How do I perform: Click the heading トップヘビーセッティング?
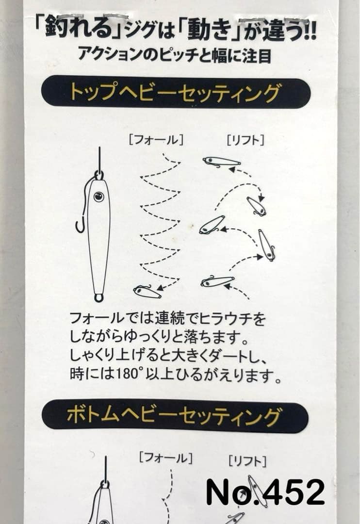(x=175, y=92)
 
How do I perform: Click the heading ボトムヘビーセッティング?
(x=175, y=416)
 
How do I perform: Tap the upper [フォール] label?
(x=155, y=141)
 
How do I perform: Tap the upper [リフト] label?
(x=245, y=141)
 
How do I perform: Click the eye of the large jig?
(x=98, y=196)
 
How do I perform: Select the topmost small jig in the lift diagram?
(x=221, y=162)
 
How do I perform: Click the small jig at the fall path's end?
(x=147, y=292)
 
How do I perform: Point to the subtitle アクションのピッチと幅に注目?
(x=175, y=53)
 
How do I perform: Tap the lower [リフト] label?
(x=247, y=460)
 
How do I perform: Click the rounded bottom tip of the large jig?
(x=98, y=297)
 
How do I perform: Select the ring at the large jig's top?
(x=99, y=174)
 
